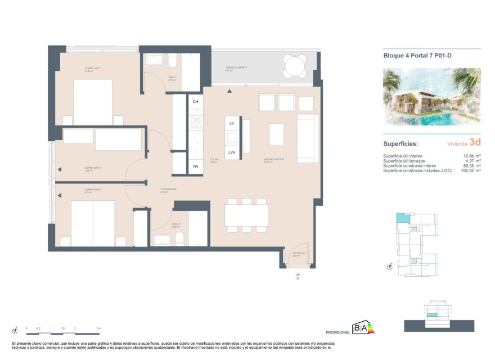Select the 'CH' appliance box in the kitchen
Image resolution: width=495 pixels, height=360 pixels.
pyautogui.click(x=195, y=101)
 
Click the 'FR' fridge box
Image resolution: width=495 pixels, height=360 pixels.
pyautogui.click(x=195, y=166)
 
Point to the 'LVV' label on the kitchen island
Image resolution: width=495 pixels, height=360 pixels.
pyautogui.click(x=232, y=152)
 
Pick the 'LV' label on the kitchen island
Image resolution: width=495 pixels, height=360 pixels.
pyautogui.click(x=232, y=123)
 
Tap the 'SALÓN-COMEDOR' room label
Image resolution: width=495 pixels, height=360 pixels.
pyautogui.click(x=274, y=159)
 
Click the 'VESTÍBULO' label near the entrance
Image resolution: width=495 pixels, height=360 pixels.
pyautogui.click(x=298, y=253)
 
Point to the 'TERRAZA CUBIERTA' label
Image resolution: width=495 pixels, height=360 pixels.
pyautogui.click(x=236, y=67)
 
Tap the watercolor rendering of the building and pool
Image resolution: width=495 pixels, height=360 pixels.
pyautogui.click(x=431, y=97)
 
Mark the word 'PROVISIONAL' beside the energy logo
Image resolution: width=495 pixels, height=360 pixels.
pyautogui.click(x=338, y=332)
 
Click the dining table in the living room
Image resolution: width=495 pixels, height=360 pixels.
pyautogui.click(x=246, y=215)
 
